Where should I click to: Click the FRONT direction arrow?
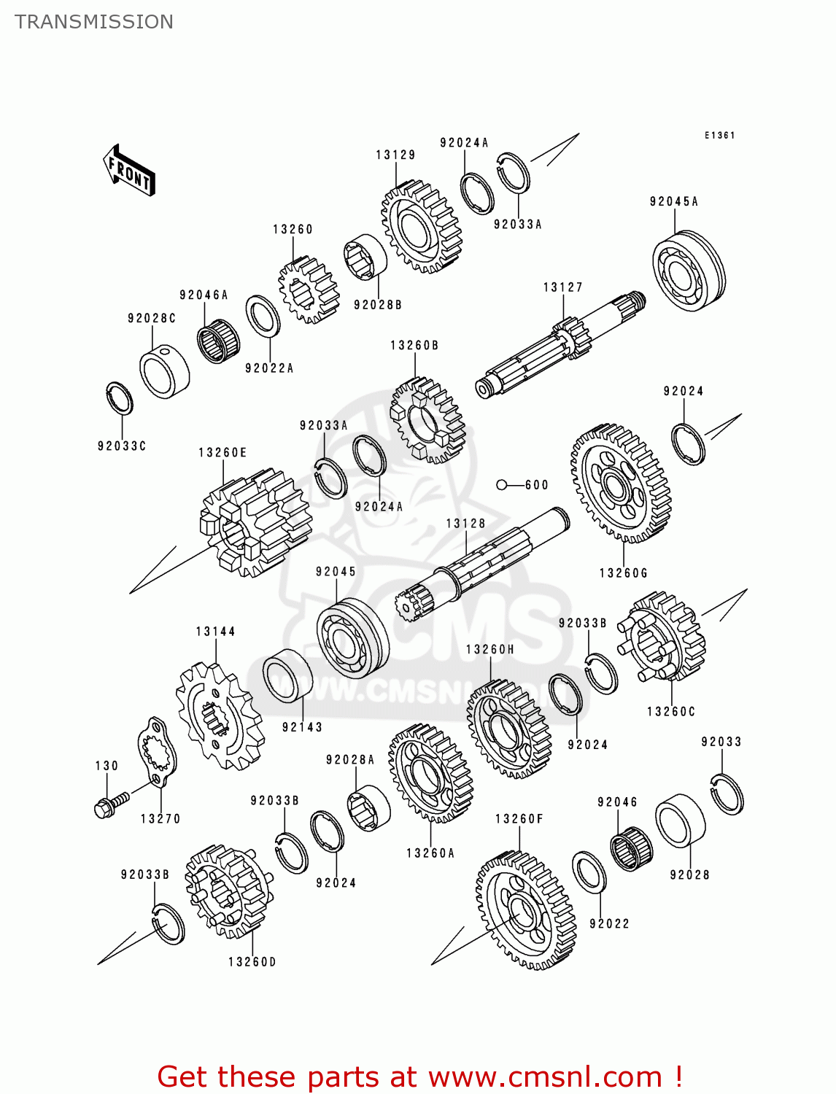coord(129,171)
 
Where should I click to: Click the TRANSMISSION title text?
coord(94,22)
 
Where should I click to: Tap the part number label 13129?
coord(395,155)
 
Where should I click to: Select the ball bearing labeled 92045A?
coord(688,271)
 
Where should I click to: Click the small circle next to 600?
coord(501,485)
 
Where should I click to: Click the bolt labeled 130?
coord(110,804)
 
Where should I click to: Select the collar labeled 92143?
coord(287,675)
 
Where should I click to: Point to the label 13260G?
coord(623,573)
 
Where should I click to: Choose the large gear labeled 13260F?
coord(525,912)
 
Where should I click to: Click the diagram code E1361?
coord(719,136)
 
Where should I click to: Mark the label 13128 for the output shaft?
coord(465,524)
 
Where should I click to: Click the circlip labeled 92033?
coord(727,794)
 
